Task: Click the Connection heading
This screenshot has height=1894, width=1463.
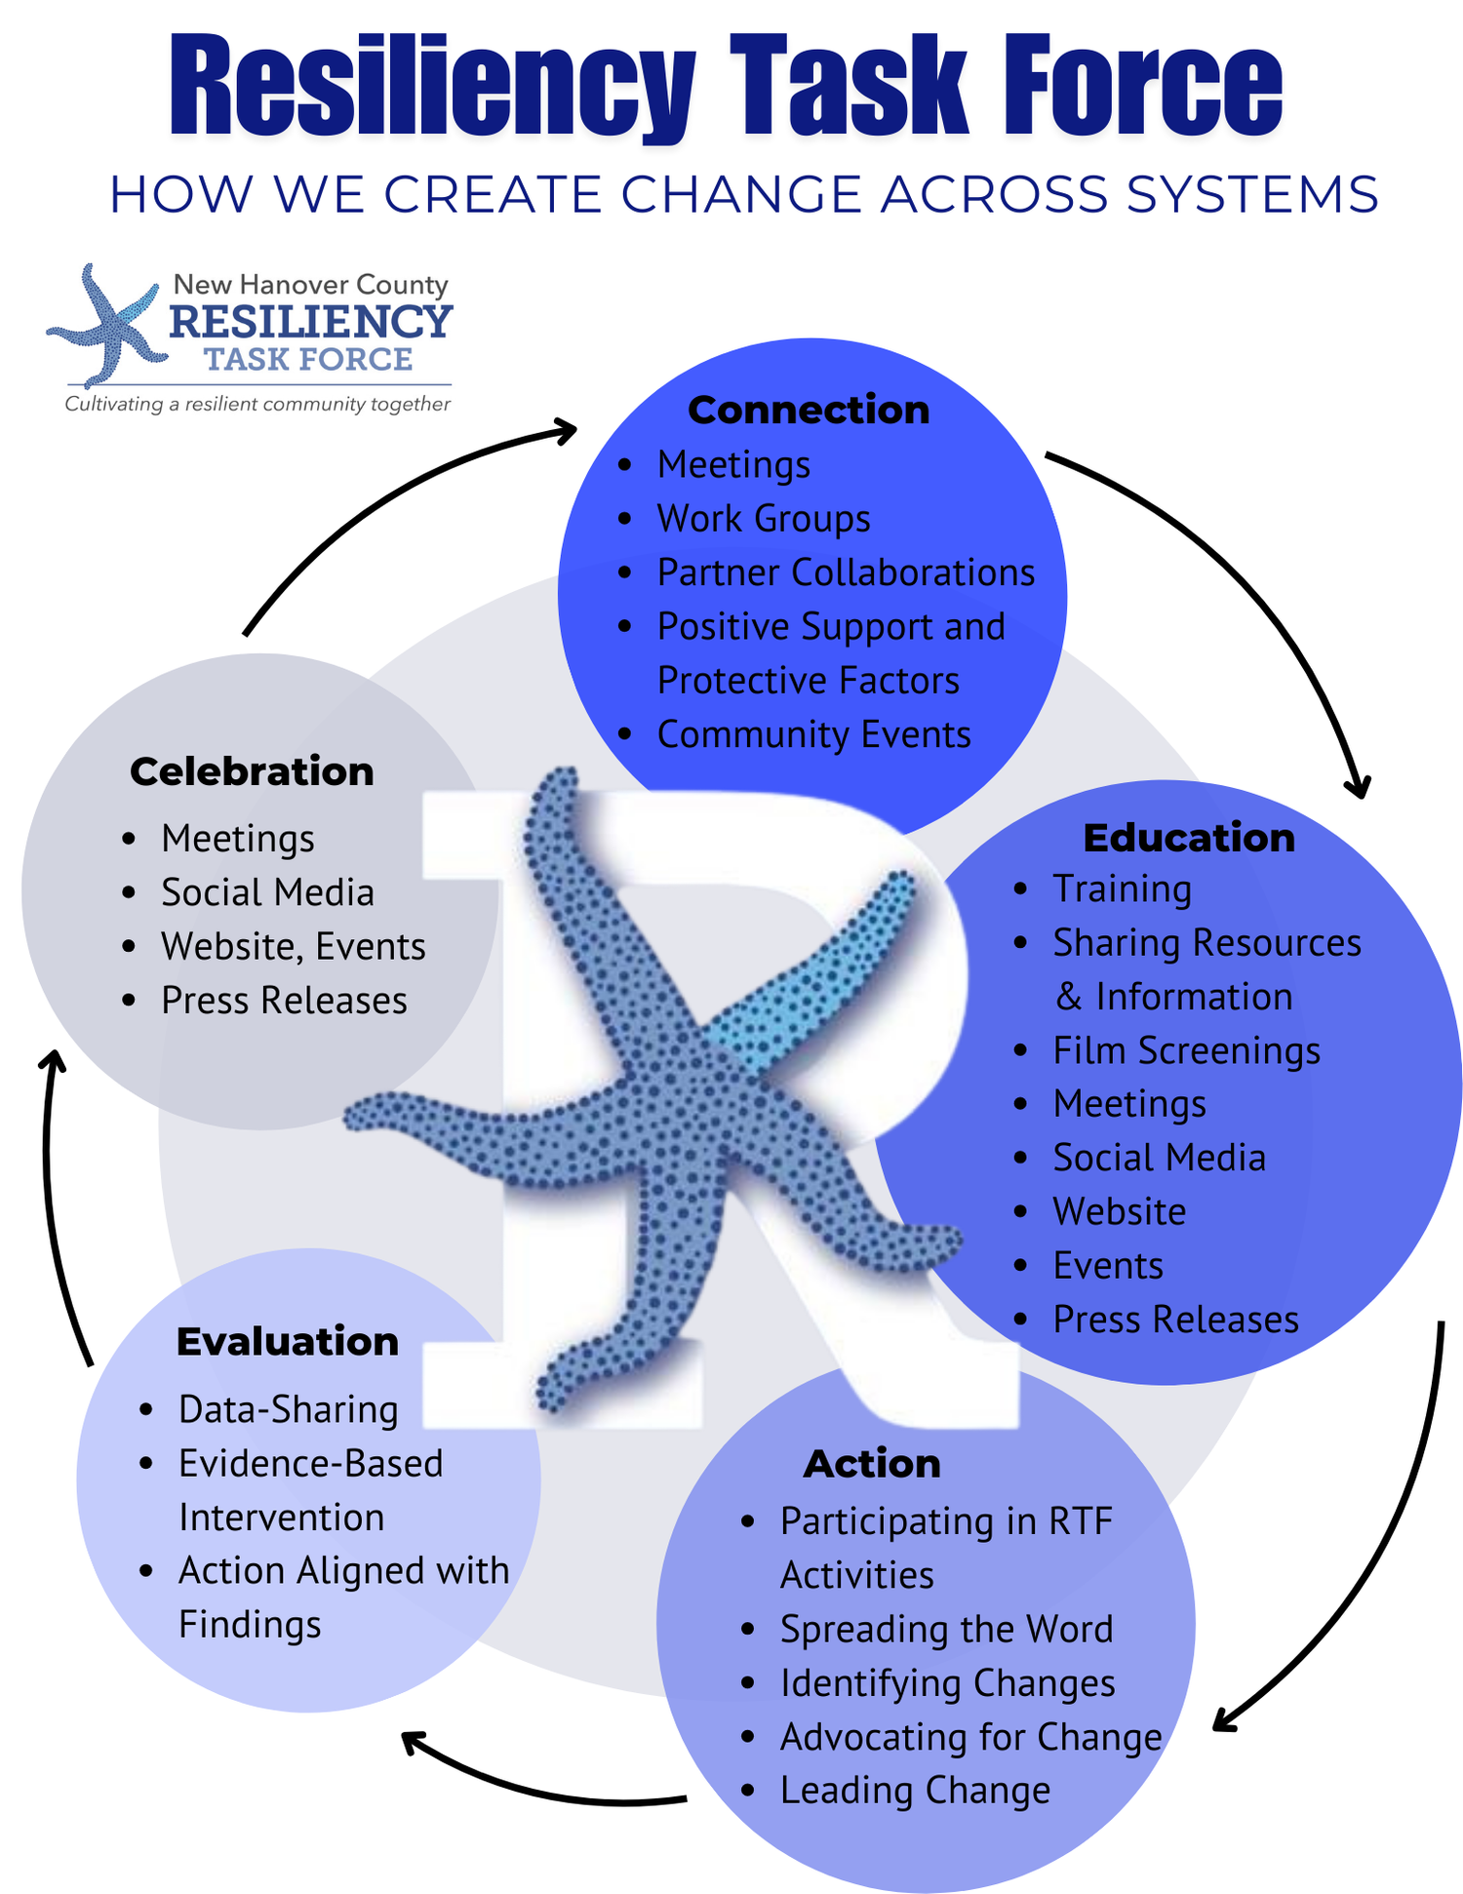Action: pyautogui.click(x=809, y=410)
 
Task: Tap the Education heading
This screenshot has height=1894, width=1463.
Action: pyautogui.click(x=1189, y=838)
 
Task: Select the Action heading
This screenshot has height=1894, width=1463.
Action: pyautogui.click(x=872, y=1464)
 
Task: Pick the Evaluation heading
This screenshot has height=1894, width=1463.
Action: pyautogui.click(x=288, y=1342)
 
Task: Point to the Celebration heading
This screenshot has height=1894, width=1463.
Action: pyautogui.click(x=252, y=771)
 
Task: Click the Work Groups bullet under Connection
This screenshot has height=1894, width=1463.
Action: pyautogui.click(x=764, y=519)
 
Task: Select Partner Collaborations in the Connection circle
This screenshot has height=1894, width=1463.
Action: pyautogui.click(x=846, y=572)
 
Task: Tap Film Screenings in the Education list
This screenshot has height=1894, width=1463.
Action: pyautogui.click(x=1186, y=1050)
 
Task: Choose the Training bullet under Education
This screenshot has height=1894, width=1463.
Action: pyautogui.click(x=1122, y=889)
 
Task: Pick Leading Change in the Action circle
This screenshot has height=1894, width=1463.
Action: pyautogui.click(x=915, y=1791)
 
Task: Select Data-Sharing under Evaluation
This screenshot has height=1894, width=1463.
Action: pyautogui.click(x=288, y=1410)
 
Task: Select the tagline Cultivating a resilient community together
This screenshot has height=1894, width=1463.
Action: pyautogui.click(x=257, y=404)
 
